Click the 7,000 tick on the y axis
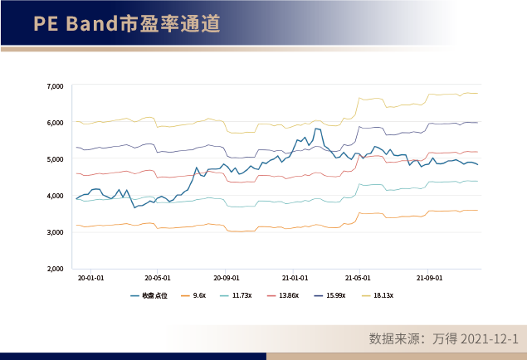pyautogui.click(x=56, y=86)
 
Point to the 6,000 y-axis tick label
pyautogui.click(x=56, y=123)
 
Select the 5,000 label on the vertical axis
pyautogui.click(x=56, y=159)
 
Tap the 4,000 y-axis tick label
pyautogui.click(x=56, y=196)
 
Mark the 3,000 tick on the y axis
pyautogui.click(x=56, y=232)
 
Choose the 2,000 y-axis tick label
pyautogui.click(x=56, y=269)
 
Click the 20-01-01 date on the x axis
pyautogui.click(x=90, y=280)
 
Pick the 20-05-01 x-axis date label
pyautogui.click(x=158, y=280)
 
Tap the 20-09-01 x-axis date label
pyautogui.click(x=226, y=280)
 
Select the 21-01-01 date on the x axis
pyautogui.click(x=294, y=280)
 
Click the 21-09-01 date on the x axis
pyautogui.click(x=429, y=280)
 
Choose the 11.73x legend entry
pyautogui.click(x=242, y=295)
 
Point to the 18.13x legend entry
pyautogui.click(x=383, y=295)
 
